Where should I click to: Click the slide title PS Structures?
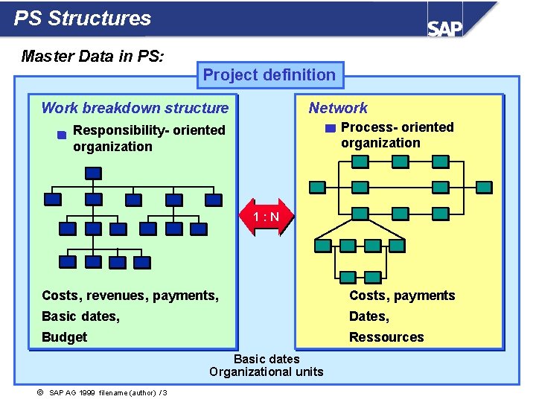[83, 19]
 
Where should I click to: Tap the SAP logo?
[444, 28]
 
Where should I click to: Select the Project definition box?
[269, 74]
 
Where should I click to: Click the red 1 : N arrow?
[266, 217]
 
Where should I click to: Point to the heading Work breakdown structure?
[135, 108]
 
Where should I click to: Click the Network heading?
[338, 108]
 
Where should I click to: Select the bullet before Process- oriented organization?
[331, 128]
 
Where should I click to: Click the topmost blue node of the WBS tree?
[93, 173]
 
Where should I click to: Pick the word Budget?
[64, 337]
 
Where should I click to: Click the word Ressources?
[386, 337]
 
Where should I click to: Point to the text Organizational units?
[267, 371]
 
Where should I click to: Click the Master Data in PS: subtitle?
[93, 56]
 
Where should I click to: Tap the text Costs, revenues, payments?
[130, 296]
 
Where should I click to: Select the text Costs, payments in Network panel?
[402, 296]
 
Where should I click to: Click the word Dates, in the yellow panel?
[369, 316]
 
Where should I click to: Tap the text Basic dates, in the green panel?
[80, 316]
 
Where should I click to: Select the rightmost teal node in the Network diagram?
[484, 187]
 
